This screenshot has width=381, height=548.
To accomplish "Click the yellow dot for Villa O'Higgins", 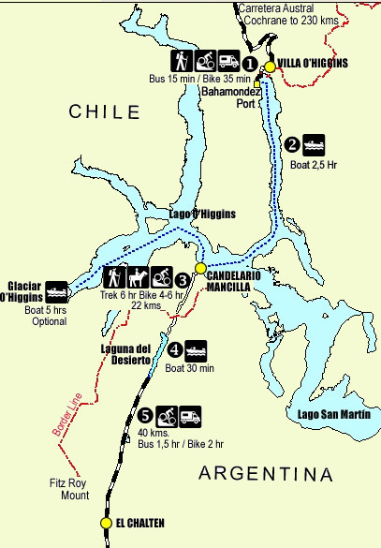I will click(x=271, y=66).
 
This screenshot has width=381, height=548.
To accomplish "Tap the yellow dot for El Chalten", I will click(x=107, y=524).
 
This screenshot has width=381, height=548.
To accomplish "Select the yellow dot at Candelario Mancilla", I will click(x=199, y=267).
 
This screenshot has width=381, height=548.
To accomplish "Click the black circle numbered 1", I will click(x=250, y=64).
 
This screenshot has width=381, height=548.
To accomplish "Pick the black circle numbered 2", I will click(x=292, y=144).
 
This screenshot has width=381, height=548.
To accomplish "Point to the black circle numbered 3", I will click(x=183, y=279).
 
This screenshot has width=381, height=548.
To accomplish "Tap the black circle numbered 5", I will click(x=144, y=415).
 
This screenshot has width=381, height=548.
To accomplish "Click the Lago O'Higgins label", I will click(x=201, y=214).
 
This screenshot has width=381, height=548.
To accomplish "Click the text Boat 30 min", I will click(x=190, y=368).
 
